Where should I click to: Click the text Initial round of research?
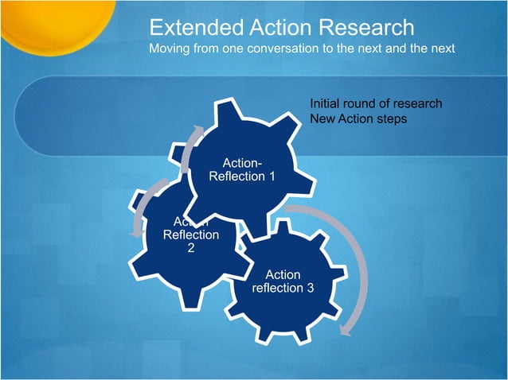pyautogui.click(x=375, y=103)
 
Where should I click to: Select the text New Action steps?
pyautogui.click(x=358, y=118)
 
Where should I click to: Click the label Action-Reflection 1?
pyautogui.click(x=241, y=169)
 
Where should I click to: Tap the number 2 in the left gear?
pyautogui.click(x=190, y=248)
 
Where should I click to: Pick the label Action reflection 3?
pyautogui.click(x=283, y=281)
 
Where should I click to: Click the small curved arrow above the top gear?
pyautogui.click(x=191, y=147)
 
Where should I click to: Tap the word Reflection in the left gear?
pyautogui.click(x=190, y=235)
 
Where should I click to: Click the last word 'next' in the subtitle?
pyautogui.click(x=440, y=49)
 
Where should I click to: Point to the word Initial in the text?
pyautogui.click(x=325, y=103)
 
